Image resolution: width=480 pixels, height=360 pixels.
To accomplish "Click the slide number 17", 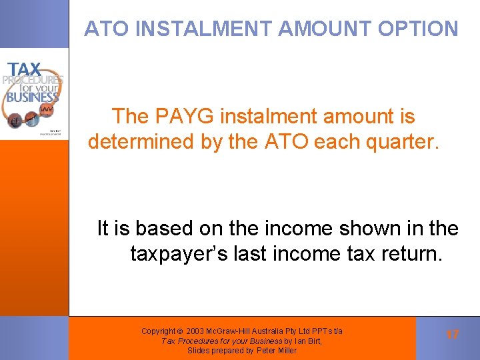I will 453,334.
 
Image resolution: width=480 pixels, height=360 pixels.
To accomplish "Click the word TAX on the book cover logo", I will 25,69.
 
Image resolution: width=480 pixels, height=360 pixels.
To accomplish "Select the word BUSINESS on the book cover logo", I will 32,97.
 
